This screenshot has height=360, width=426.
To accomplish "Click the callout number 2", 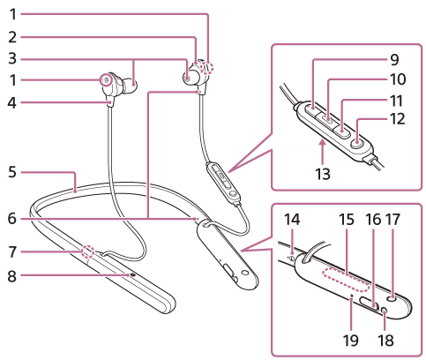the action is pyautogui.click(x=12, y=37).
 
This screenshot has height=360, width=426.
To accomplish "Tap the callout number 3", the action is pyautogui.click(x=12, y=58).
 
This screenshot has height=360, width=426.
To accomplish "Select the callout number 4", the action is pyautogui.click(x=12, y=103).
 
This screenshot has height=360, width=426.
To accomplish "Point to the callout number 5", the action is pyautogui.click(x=12, y=171).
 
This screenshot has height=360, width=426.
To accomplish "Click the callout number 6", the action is pyautogui.click(x=12, y=218).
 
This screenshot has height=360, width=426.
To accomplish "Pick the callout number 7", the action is pyautogui.click(x=12, y=252).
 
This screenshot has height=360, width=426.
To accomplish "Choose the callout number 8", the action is pyautogui.click(x=12, y=276).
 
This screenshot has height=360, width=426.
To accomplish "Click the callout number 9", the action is pyautogui.click(x=394, y=59).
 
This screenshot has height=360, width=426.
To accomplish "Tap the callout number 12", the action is pyautogui.click(x=397, y=119).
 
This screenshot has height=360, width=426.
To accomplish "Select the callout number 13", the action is pyautogui.click(x=323, y=174).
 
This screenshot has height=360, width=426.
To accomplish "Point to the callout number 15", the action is pyautogui.click(x=347, y=219).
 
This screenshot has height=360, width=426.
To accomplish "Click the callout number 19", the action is pyautogui.click(x=351, y=341).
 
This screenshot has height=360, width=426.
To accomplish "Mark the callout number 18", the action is pyautogui.click(x=385, y=341).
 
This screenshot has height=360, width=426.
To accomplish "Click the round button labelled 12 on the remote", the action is pyautogui.click(x=357, y=143).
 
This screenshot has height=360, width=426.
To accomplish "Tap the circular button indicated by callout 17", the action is pyautogui.click(x=392, y=299).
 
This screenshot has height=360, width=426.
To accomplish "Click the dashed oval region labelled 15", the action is pyautogui.click(x=347, y=280).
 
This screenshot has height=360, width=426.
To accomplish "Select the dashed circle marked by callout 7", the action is pyautogui.click(x=88, y=252).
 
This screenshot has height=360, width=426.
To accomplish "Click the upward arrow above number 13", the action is pyautogui.click(x=323, y=152).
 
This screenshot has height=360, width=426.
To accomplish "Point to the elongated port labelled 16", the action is pyautogui.click(x=370, y=304).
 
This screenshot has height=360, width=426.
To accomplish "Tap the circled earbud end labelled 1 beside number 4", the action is pyautogui.click(x=106, y=79).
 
